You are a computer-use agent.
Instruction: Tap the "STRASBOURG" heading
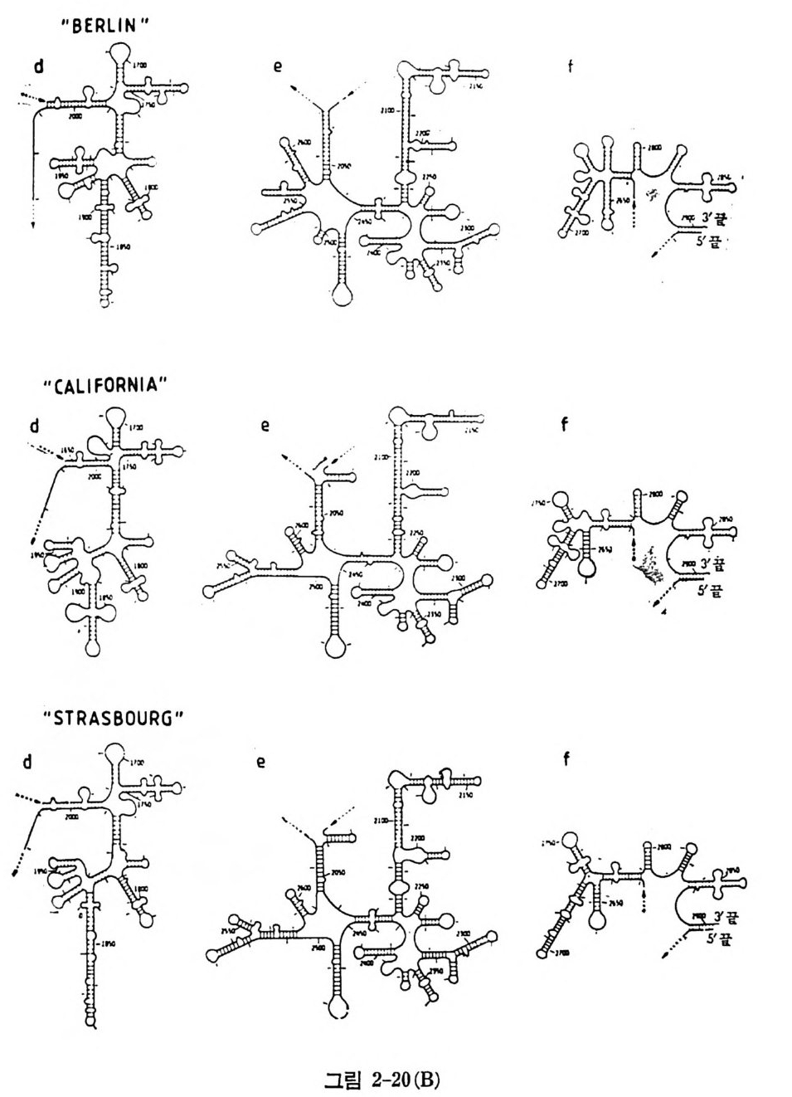click(113, 719)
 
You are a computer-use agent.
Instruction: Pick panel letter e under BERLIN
click(279, 66)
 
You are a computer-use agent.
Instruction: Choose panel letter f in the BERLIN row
click(570, 66)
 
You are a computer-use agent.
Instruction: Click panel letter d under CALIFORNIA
click(34, 427)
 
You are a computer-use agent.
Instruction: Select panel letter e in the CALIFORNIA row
click(265, 427)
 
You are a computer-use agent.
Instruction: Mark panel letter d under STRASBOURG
click(27, 761)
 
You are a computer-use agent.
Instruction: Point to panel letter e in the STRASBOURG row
click(260, 762)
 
